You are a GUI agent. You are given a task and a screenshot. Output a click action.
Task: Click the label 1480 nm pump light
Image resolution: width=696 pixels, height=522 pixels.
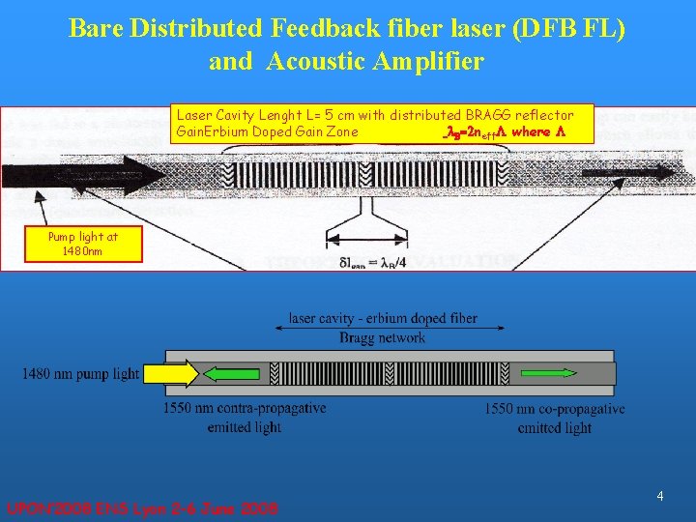(81, 374)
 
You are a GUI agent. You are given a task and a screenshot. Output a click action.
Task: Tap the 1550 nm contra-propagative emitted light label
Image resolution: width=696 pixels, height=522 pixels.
(244, 418)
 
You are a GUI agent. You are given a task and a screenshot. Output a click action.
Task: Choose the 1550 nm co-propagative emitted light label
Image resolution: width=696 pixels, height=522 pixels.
(554, 418)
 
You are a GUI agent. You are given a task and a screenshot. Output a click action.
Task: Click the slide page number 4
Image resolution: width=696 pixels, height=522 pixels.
(659, 496)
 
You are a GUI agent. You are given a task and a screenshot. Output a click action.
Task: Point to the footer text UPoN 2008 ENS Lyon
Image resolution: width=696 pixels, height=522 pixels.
(142, 507)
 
